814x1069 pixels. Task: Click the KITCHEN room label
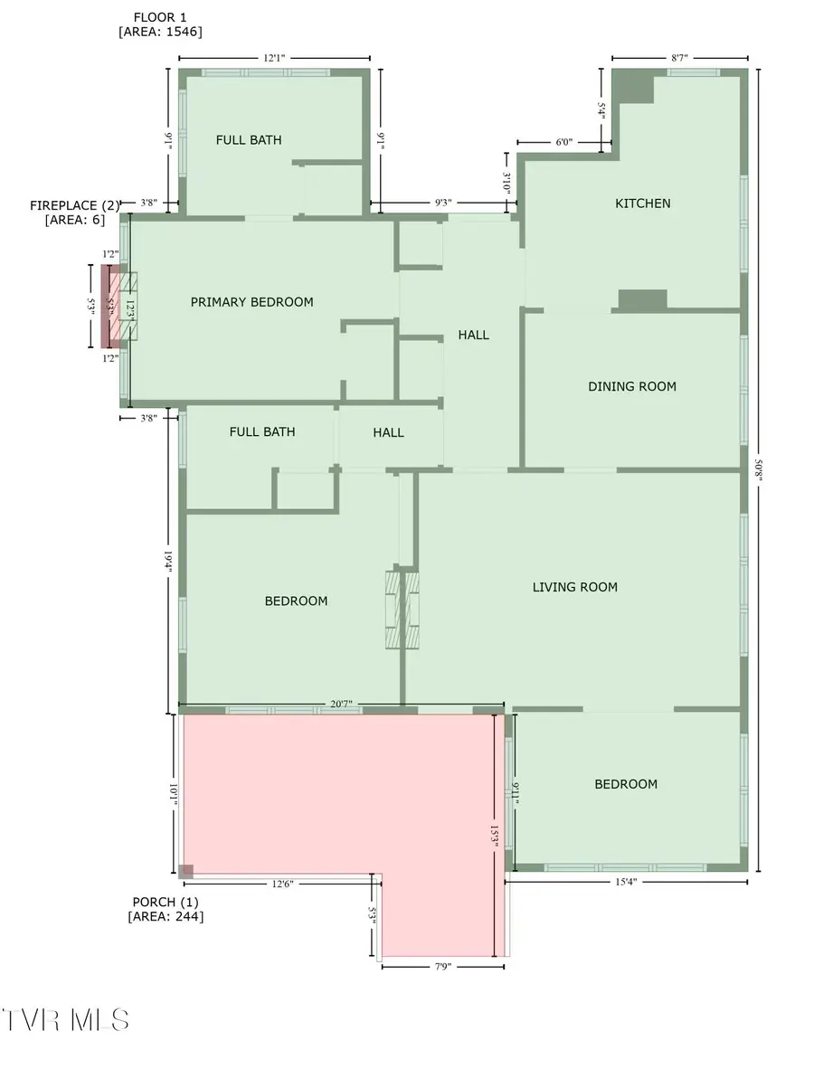point(643,203)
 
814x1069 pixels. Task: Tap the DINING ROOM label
point(632,387)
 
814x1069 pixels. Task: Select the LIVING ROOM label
point(574,588)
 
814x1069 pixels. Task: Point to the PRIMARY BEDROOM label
point(251,302)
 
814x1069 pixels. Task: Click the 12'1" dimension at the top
point(273,58)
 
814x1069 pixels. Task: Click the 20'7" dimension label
point(341,704)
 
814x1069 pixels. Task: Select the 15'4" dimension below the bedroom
point(626,883)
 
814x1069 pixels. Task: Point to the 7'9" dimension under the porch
point(442,967)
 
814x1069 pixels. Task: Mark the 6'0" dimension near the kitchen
point(563,142)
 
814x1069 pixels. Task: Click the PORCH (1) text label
point(166,902)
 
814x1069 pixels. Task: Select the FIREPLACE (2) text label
point(74,205)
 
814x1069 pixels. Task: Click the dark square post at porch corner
point(185,871)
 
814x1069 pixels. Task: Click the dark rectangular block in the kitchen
point(642,299)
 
